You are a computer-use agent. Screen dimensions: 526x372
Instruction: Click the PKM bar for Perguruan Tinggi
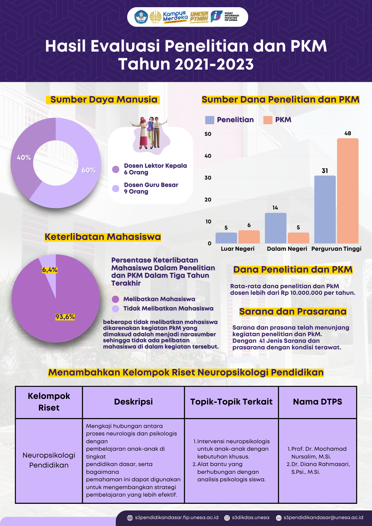point(348,191)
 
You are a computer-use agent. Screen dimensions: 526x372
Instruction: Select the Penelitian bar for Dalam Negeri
point(275,228)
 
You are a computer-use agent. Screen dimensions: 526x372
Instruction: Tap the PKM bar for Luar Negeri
point(249,237)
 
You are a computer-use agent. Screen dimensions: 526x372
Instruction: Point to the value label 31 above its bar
point(325,171)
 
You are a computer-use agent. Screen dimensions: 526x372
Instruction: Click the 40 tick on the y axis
point(208,156)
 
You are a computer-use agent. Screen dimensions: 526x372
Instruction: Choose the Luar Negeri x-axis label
point(238,249)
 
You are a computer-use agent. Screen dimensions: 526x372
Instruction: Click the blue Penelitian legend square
point(209,120)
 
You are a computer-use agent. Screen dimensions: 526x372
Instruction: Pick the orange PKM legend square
point(268,120)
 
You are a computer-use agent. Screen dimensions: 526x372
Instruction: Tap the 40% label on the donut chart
point(24,157)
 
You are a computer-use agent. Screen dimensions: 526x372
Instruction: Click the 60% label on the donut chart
point(88,170)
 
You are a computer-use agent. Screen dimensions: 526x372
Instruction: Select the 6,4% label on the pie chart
point(50,270)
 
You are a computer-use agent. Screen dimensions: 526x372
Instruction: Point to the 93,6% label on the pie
point(65,317)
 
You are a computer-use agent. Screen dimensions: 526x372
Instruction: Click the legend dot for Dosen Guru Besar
point(115,188)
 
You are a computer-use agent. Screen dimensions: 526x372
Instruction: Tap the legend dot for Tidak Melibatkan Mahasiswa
point(115,309)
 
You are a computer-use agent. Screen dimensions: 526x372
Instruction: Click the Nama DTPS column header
point(317,402)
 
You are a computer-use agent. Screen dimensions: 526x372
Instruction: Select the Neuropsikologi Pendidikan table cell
point(49,460)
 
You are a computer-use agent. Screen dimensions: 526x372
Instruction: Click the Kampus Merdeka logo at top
point(175,17)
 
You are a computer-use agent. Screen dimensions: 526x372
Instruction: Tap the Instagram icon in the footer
point(227,518)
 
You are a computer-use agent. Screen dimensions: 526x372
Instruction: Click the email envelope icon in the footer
point(279,518)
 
